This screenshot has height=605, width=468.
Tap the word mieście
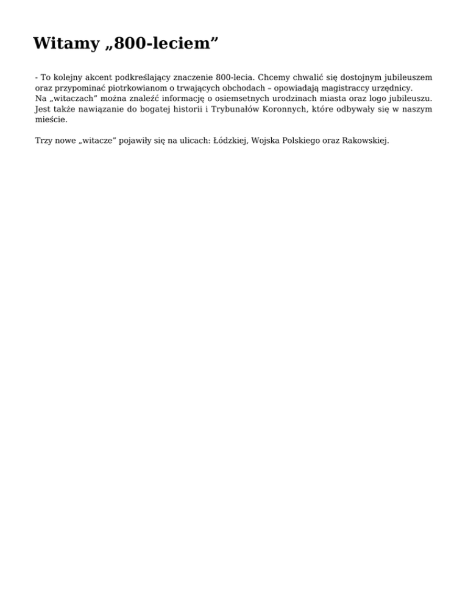pos(51,120)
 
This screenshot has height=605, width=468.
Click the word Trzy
pos(44,141)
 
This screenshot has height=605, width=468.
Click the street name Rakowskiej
pos(365,141)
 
